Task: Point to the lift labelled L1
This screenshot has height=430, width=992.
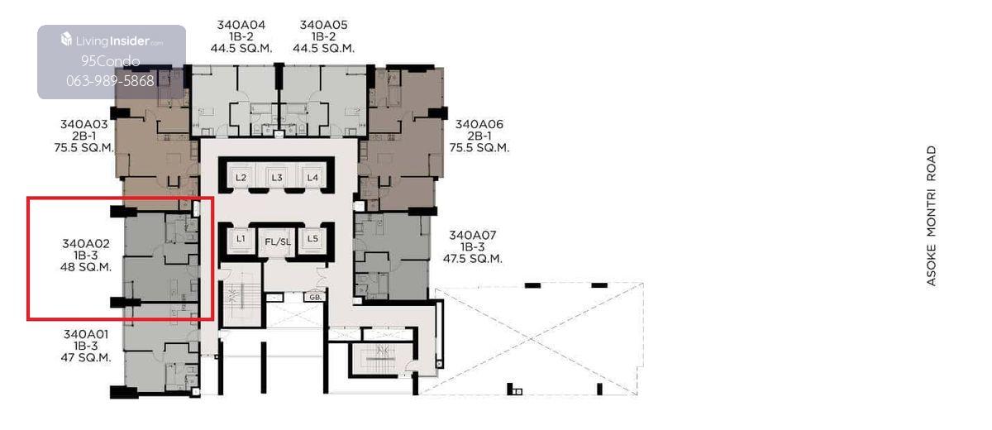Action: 241,239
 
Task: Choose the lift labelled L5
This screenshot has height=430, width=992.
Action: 312,239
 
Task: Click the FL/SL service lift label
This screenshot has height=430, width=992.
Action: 278,241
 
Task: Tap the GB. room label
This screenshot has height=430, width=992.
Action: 315,297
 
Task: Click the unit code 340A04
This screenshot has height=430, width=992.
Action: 241,25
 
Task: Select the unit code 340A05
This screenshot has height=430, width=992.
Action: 324,25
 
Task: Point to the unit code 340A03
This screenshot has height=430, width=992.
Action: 84,124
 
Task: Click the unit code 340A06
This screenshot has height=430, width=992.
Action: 479,124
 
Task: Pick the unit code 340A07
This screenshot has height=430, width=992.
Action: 473,235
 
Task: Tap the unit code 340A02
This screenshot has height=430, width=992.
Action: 86,244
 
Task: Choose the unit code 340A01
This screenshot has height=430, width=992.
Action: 86,334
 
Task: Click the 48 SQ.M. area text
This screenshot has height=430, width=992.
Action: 86,267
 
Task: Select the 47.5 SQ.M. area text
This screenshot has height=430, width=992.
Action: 473,259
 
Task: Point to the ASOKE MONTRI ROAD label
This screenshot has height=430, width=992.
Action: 932,216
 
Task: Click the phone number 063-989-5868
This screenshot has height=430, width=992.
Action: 110,80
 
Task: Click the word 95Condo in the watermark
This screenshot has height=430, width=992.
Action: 111,61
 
